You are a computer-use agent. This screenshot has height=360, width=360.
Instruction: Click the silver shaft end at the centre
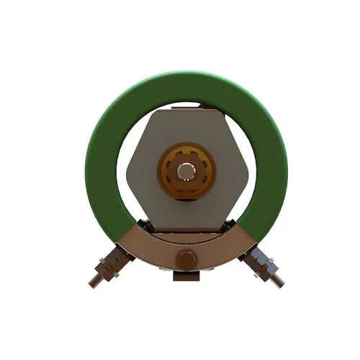tap(186, 170)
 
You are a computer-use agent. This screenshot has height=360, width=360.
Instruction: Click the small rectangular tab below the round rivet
tap(185, 276)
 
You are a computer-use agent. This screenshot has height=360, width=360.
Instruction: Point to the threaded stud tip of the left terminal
tap(93, 282)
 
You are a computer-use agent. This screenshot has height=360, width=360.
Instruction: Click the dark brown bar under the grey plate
tap(186, 234)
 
